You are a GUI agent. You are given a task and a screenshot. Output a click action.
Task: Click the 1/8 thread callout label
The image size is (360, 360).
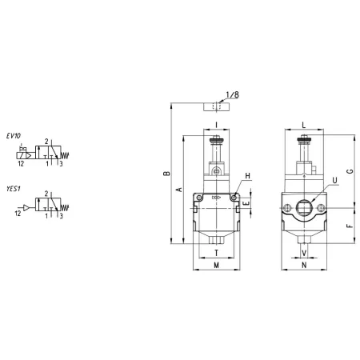pos(232,95)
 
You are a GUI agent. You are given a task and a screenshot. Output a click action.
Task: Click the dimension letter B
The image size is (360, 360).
pos(167,174)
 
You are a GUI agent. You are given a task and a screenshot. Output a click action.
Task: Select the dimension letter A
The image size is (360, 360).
pos(179,190)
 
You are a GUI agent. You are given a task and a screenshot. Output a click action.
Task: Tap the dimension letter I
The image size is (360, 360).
pos(217,125)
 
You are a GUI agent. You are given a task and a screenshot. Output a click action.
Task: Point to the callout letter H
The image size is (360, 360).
pos(248,176)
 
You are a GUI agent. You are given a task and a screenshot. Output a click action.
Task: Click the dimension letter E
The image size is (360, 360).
pos(246,203)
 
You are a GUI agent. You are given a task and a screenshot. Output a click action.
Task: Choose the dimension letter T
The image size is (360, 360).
pos(217,253)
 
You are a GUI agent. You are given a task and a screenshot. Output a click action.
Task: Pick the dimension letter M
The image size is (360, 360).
pos(217,265)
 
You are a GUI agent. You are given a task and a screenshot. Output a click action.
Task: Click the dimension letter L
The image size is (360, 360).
pos(304,125)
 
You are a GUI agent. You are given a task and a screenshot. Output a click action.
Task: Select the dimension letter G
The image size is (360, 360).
pos(350,171)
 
